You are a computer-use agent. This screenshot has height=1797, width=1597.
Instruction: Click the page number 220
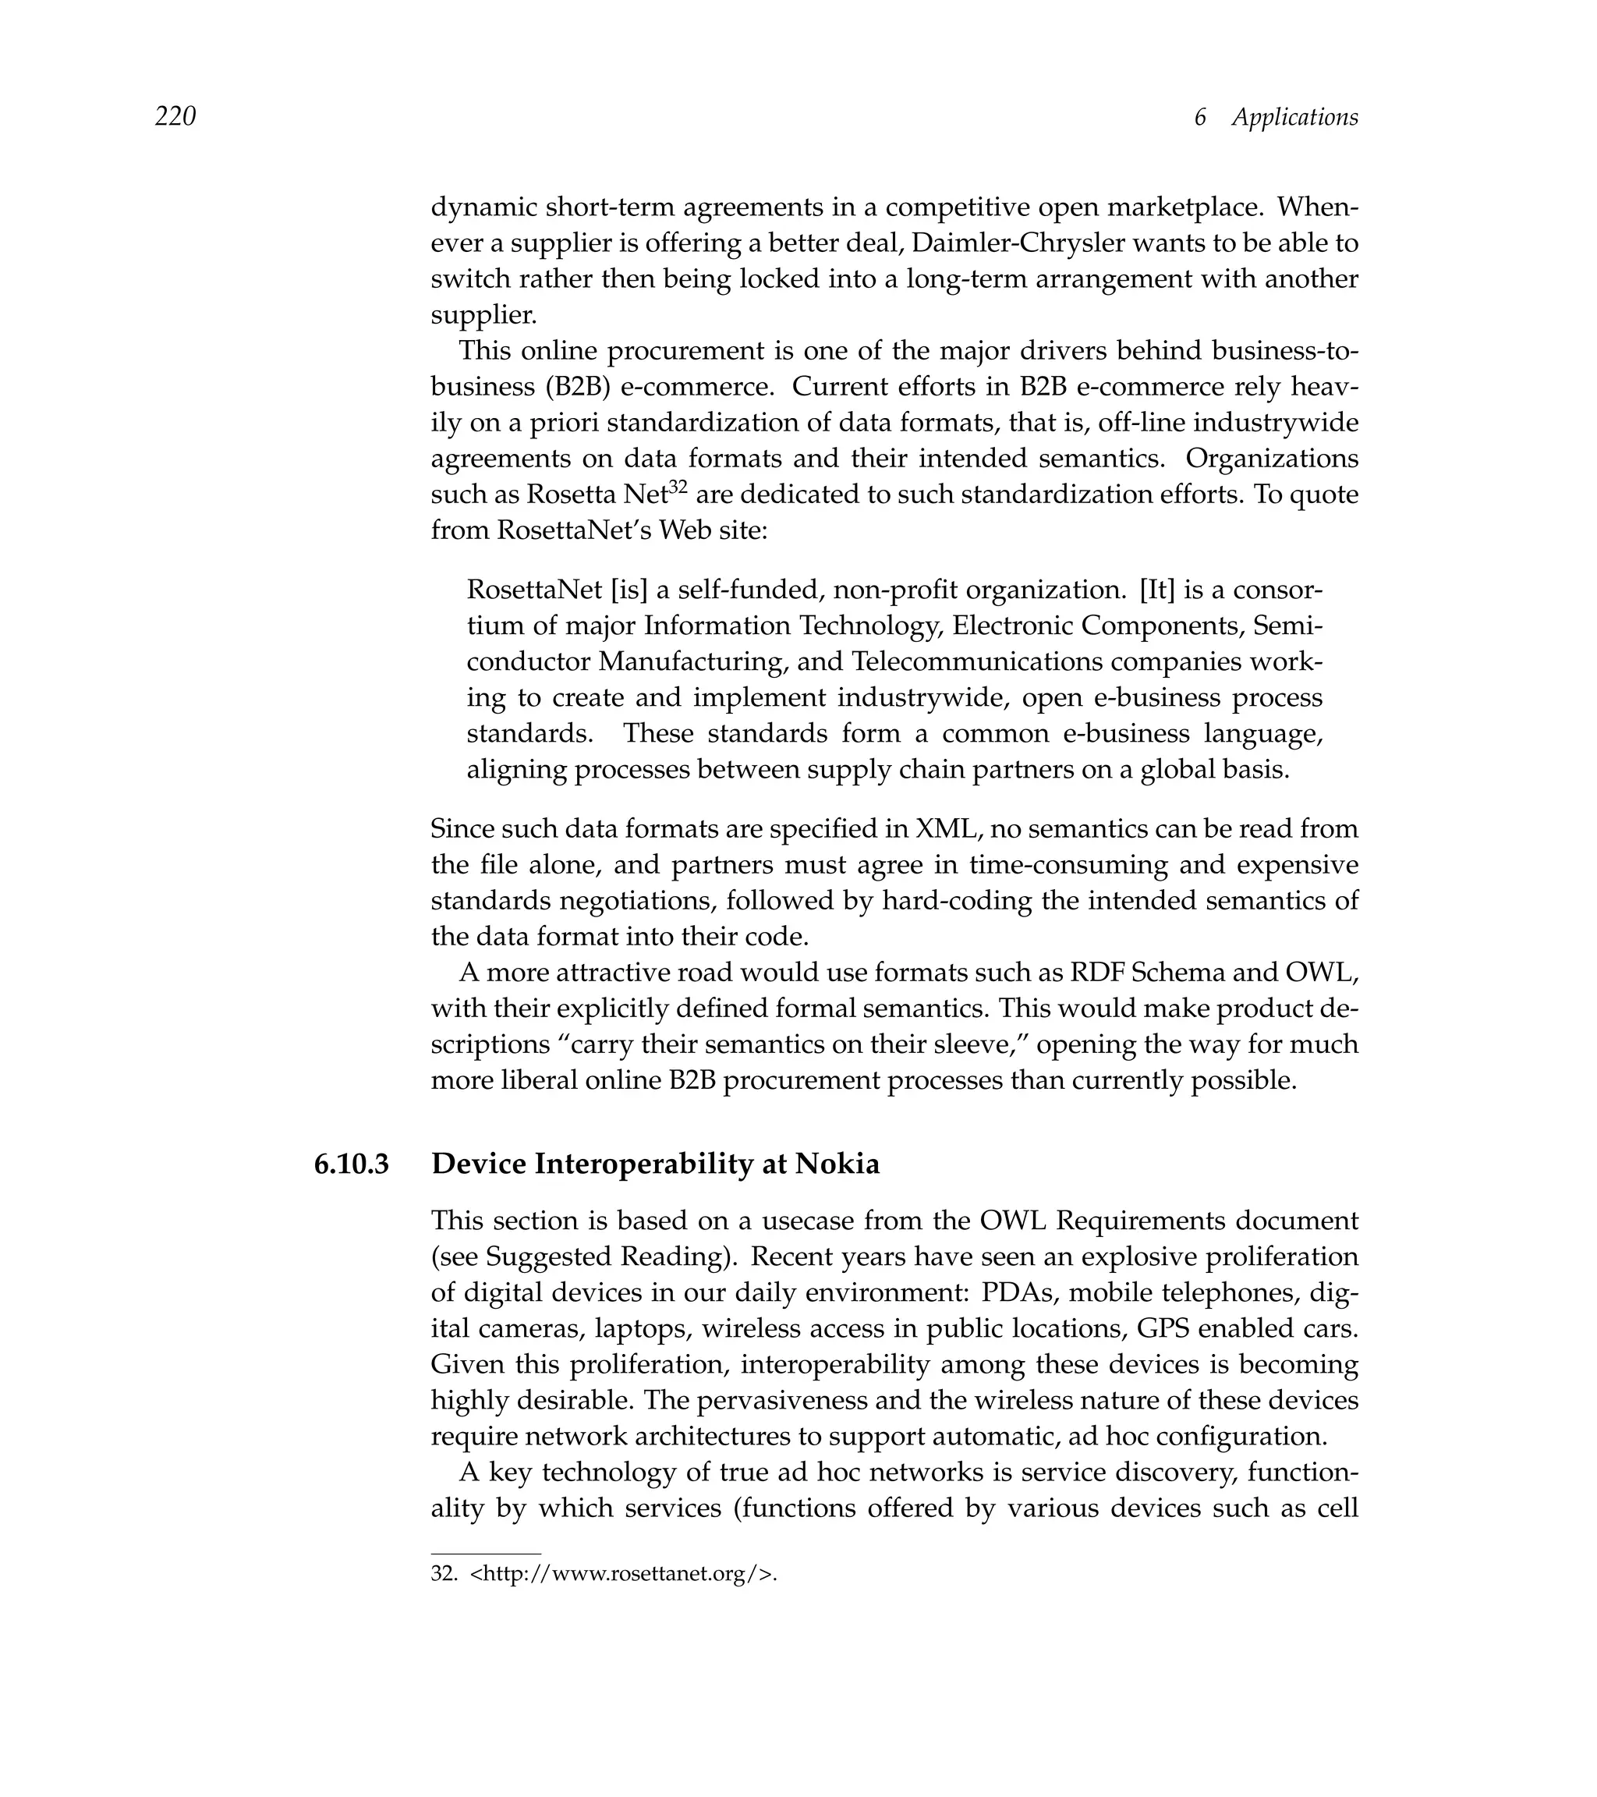(175, 116)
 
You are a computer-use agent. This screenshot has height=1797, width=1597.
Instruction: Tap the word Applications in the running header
(1294, 117)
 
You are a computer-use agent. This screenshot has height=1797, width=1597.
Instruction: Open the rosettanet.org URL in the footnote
(623, 1573)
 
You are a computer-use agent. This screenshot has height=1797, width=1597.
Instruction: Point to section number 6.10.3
(352, 1164)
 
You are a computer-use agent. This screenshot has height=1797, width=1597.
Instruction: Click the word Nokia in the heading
(837, 1164)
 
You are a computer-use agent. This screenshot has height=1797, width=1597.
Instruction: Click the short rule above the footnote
(485, 1554)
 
